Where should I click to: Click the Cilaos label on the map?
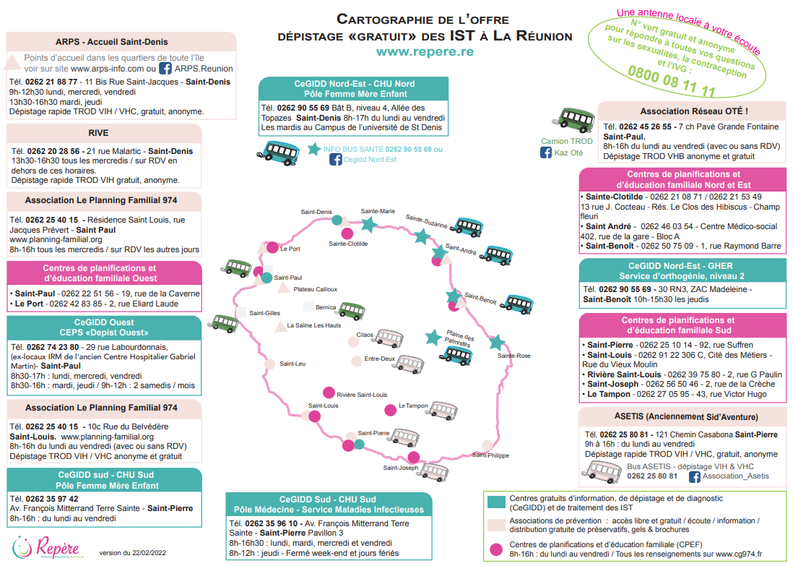tap(365, 335)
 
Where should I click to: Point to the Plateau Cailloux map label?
tap(316, 289)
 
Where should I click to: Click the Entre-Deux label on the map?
tap(379, 359)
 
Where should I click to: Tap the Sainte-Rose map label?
tap(513, 356)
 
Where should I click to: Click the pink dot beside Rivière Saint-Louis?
tap(329, 393)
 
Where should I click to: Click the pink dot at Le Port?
tap(272, 247)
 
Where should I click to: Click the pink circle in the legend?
tap(495, 549)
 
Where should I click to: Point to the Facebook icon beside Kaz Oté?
tap(546, 153)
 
